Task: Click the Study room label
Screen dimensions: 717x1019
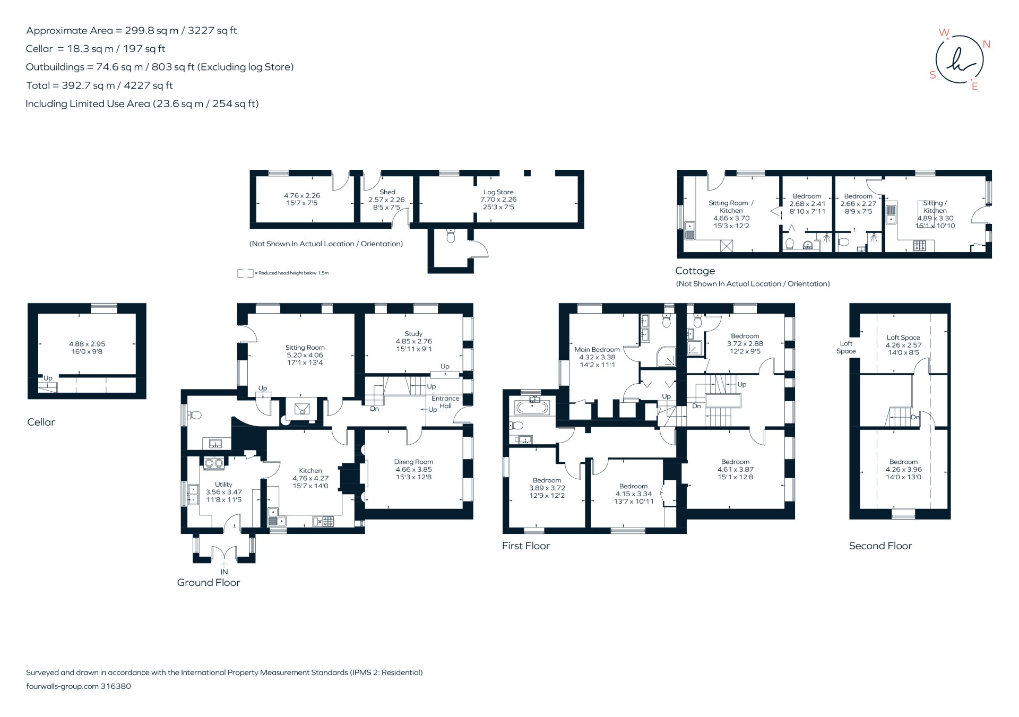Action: tap(413, 334)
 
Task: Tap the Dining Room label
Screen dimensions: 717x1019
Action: tap(413, 462)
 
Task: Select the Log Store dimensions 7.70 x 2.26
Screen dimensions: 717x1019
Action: tap(498, 200)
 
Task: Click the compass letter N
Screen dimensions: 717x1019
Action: tap(986, 44)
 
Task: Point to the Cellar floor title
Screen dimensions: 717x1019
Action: tap(41, 422)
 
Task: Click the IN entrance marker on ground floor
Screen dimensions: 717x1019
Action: tap(224, 572)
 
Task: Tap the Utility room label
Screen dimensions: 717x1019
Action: tap(223, 485)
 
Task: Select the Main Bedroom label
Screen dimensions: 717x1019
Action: tap(597, 350)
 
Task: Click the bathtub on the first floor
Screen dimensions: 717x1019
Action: tap(532, 408)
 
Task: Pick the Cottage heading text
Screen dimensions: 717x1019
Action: tap(695, 271)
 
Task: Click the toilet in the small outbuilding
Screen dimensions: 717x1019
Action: tap(451, 236)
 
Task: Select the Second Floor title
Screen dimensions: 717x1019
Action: tap(879, 546)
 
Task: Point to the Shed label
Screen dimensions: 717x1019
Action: tap(387, 192)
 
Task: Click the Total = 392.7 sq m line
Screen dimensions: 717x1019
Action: tap(99, 85)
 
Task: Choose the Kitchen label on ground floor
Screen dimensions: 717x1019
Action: tap(310, 471)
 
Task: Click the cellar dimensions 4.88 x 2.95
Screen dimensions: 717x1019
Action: tap(87, 344)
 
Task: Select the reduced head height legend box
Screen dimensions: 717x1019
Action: tap(245, 273)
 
